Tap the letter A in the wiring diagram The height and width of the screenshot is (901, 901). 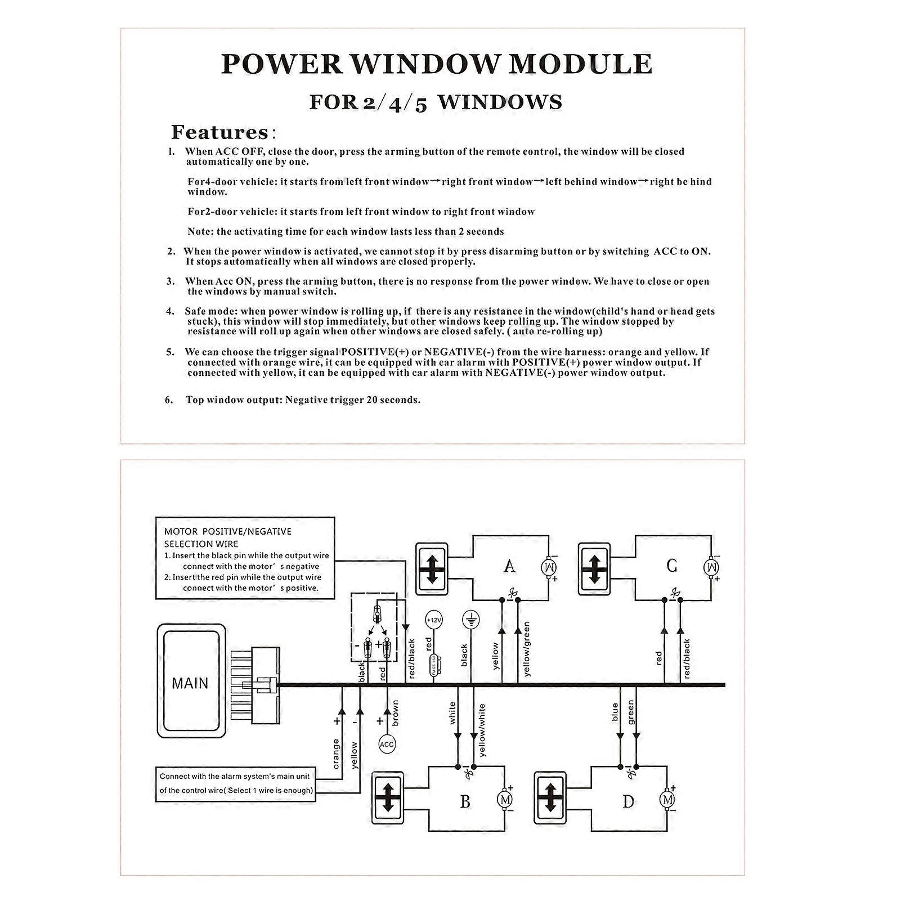point(509,565)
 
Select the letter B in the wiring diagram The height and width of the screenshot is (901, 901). point(465,800)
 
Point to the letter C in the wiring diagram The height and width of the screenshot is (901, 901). point(671,565)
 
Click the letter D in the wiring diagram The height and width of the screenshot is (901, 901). point(628,800)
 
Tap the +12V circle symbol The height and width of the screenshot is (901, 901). point(434,620)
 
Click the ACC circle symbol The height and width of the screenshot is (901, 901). point(387,745)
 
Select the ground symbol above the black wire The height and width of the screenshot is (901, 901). point(470,620)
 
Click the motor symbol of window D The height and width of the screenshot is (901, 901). point(667,799)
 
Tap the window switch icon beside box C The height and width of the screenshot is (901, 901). point(594,568)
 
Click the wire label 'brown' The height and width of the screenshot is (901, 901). point(395,712)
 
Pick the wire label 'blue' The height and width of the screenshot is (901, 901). point(615,712)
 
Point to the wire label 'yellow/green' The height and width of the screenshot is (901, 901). point(527,649)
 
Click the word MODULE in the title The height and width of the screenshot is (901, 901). point(580,64)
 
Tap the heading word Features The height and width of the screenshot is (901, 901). point(220,132)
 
